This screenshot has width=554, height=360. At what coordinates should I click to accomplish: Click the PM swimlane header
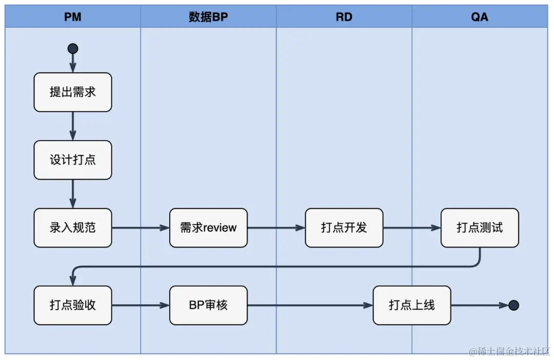pyautogui.click(x=73, y=17)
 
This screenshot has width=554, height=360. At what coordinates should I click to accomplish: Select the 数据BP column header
pyautogui.click(x=208, y=17)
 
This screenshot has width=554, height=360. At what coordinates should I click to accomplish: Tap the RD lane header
pyautogui.click(x=344, y=17)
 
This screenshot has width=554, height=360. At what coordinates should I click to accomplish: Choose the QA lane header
pyautogui.click(x=480, y=17)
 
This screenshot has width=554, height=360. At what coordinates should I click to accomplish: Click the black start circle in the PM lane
pyautogui.click(x=73, y=49)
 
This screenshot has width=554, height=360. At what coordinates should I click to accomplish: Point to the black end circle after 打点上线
pyautogui.click(x=513, y=306)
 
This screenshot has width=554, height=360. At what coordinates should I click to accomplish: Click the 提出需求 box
pyautogui.click(x=73, y=92)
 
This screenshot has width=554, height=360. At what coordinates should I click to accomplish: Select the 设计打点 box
pyautogui.click(x=73, y=160)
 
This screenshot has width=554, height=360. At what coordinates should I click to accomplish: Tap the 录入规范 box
pyautogui.click(x=73, y=228)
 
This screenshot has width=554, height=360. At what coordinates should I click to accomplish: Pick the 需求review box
pyautogui.click(x=208, y=228)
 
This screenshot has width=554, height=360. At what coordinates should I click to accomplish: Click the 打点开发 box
pyautogui.click(x=344, y=228)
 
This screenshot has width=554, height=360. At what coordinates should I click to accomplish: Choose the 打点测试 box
pyautogui.click(x=480, y=228)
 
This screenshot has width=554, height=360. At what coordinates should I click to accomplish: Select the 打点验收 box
pyautogui.click(x=73, y=305)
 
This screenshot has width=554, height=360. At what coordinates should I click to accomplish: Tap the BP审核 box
pyautogui.click(x=208, y=305)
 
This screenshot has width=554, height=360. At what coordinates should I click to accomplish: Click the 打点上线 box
pyautogui.click(x=412, y=305)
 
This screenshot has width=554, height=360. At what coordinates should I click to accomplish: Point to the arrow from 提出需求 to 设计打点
pyautogui.click(x=73, y=126)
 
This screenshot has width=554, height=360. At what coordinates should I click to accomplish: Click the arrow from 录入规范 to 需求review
pyautogui.click(x=141, y=228)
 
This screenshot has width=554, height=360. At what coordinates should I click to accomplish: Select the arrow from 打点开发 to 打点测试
pyautogui.click(x=412, y=228)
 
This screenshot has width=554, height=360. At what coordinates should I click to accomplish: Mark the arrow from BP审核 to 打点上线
pyautogui.click(x=310, y=305)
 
